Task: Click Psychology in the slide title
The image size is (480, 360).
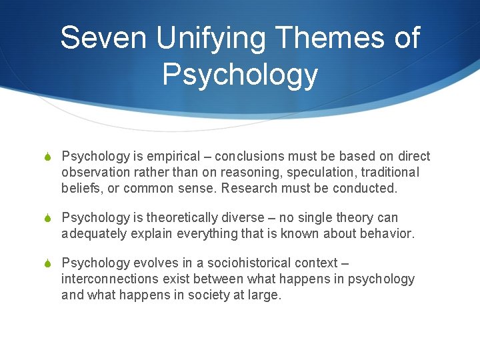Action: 240,75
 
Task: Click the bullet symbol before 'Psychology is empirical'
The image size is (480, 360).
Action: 47,157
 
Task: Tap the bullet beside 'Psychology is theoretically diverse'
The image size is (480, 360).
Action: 47,218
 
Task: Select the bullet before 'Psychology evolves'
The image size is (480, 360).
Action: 47,263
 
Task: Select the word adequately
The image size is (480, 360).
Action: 95,233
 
